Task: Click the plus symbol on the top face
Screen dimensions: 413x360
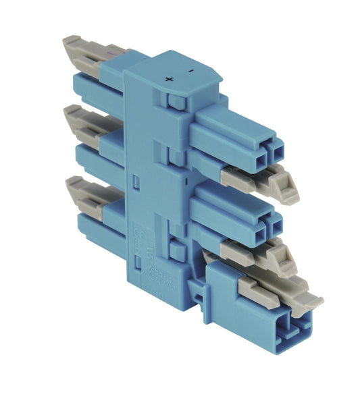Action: [168, 79]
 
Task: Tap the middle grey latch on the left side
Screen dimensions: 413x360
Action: [91, 121]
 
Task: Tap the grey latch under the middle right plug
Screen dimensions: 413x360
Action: [260, 253]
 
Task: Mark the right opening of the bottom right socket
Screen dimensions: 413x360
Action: [302, 322]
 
